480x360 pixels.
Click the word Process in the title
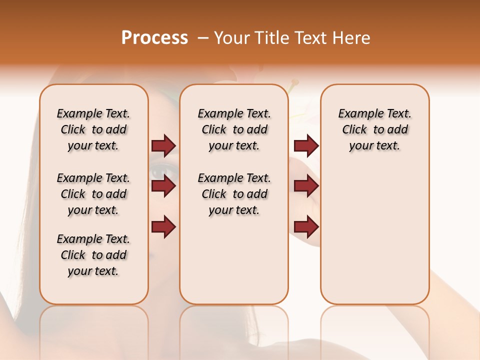coord(154,38)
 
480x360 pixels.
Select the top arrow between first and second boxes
coord(163,145)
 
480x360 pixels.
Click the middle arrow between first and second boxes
coord(163,186)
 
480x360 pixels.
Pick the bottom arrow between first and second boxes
coord(163,227)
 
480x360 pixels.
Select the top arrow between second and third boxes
coord(306,145)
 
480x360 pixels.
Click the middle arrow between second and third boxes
coord(306,186)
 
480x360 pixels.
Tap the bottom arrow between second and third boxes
coord(306,227)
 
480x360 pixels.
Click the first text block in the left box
coord(93,129)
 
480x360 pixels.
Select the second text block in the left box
coord(93,194)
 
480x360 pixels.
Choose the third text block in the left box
coord(93,255)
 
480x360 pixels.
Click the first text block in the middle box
coord(234,129)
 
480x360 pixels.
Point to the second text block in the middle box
coord(234,194)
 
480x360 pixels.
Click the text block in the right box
coord(374,129)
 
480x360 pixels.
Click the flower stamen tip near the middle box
coord(295,81)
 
